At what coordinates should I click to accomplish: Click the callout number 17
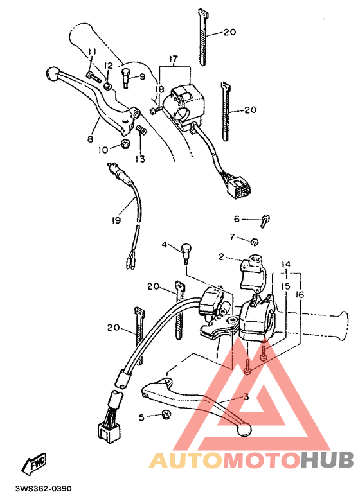[x=172, y=58]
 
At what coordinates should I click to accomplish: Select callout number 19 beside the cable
[x=116, y=220]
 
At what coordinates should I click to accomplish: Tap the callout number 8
[x=90, y=138]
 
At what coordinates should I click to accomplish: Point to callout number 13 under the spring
[x=140, y=158]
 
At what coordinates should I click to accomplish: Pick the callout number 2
[x=221, y=256]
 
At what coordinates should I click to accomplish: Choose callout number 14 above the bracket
[x=285, y=264]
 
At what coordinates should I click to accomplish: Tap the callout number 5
[x=141, y=417]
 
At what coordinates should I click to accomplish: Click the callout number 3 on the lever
[x=245, y=397]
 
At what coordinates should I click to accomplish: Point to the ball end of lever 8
[x=52, y=75]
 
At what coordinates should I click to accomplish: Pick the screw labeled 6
[x=265, y=220]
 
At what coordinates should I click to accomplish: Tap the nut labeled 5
[x=165, y=415]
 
